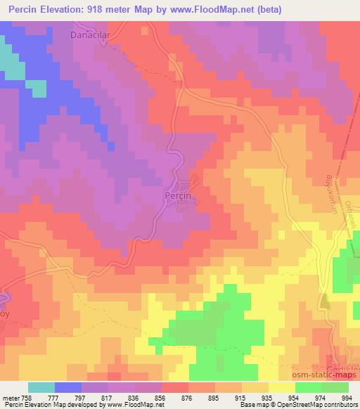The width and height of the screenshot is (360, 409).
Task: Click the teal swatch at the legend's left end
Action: tap(41, 387)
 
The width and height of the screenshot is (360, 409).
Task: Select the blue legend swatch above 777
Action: tap(69, 387)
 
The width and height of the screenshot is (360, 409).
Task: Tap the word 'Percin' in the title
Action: tap(23, 10)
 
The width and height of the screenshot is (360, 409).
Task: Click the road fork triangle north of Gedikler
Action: tap(326, 302)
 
